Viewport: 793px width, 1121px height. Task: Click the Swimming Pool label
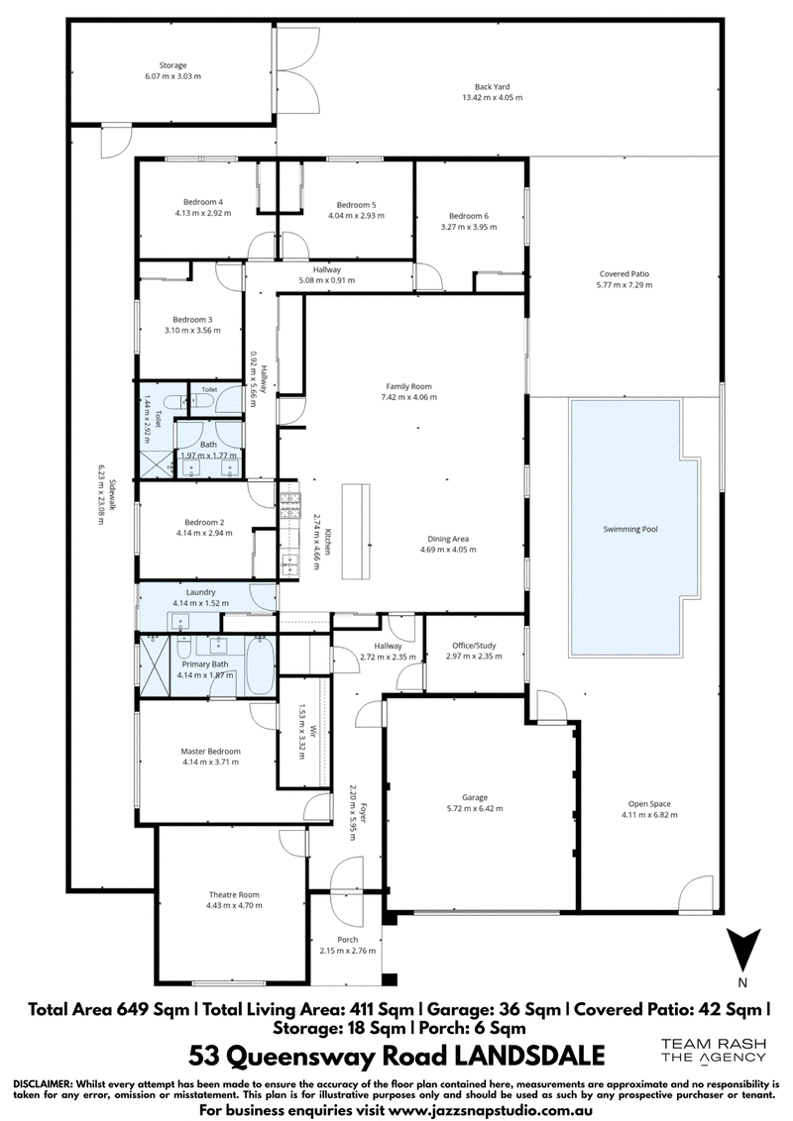click(x=629, y=530)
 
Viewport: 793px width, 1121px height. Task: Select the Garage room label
click(x=475, y=798)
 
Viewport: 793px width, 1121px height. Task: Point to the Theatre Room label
click(x=234, y=895)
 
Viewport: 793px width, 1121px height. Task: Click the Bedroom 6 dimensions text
click(x=469, y=227)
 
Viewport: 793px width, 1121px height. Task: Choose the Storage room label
click(x=172, y=65)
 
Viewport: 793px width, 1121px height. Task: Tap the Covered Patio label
click(x=624, y=274)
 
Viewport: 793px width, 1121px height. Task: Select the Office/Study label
click(x=474, y=646)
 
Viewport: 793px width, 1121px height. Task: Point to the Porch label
click(x=348, y=940)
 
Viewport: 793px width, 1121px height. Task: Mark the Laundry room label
click(x=200, y=592)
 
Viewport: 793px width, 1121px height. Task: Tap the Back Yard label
click(x=493, y=87)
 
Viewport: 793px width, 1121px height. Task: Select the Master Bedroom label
click(x=210, y=752)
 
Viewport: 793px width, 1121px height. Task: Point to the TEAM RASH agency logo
click(x=713, y=1052)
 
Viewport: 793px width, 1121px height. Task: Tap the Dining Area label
click(x=448, y=539)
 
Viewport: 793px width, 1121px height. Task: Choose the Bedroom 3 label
click(x=192, y=320)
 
